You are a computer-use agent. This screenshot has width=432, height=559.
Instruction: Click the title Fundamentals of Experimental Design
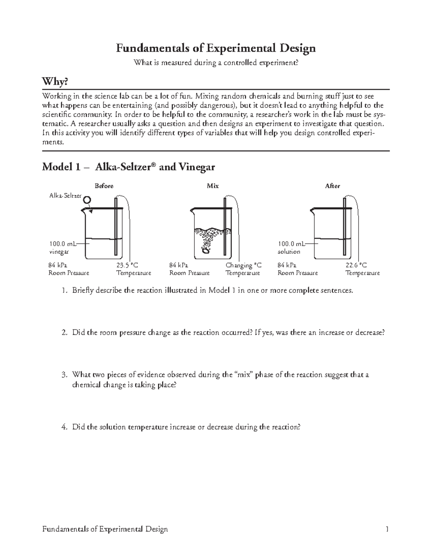[x=216, y=48]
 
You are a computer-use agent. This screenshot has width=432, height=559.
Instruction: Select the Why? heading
[x=55, y=82]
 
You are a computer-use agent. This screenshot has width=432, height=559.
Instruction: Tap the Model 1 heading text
[x=129, y=167]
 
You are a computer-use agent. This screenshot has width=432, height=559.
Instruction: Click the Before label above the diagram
[x=104, y=186]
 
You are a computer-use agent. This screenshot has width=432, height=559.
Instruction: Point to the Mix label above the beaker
[x=213, y=186]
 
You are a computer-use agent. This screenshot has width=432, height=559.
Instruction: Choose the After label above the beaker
[x=332, y=186]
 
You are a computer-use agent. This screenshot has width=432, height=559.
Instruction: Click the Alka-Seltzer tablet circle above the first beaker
[x=87, y=199]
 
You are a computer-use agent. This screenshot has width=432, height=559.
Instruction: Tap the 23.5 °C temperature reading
[x=127, y=265]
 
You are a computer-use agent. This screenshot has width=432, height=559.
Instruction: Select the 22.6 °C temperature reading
[x=356, y=265]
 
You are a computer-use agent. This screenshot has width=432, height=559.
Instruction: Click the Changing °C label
[x=243, y=265]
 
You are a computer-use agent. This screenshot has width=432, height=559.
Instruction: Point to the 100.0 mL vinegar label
[x=60, y=248]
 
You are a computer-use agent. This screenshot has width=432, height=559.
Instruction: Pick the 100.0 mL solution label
[x=290, y=248]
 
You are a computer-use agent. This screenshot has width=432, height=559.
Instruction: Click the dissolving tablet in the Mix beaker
[x=206, y=251]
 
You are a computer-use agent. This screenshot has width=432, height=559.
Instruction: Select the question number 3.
[x=64, y=375]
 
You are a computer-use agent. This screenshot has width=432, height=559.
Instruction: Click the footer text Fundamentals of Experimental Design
[x=105, y=529]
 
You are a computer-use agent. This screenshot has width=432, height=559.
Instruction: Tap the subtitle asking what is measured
[x=216, y=63]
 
